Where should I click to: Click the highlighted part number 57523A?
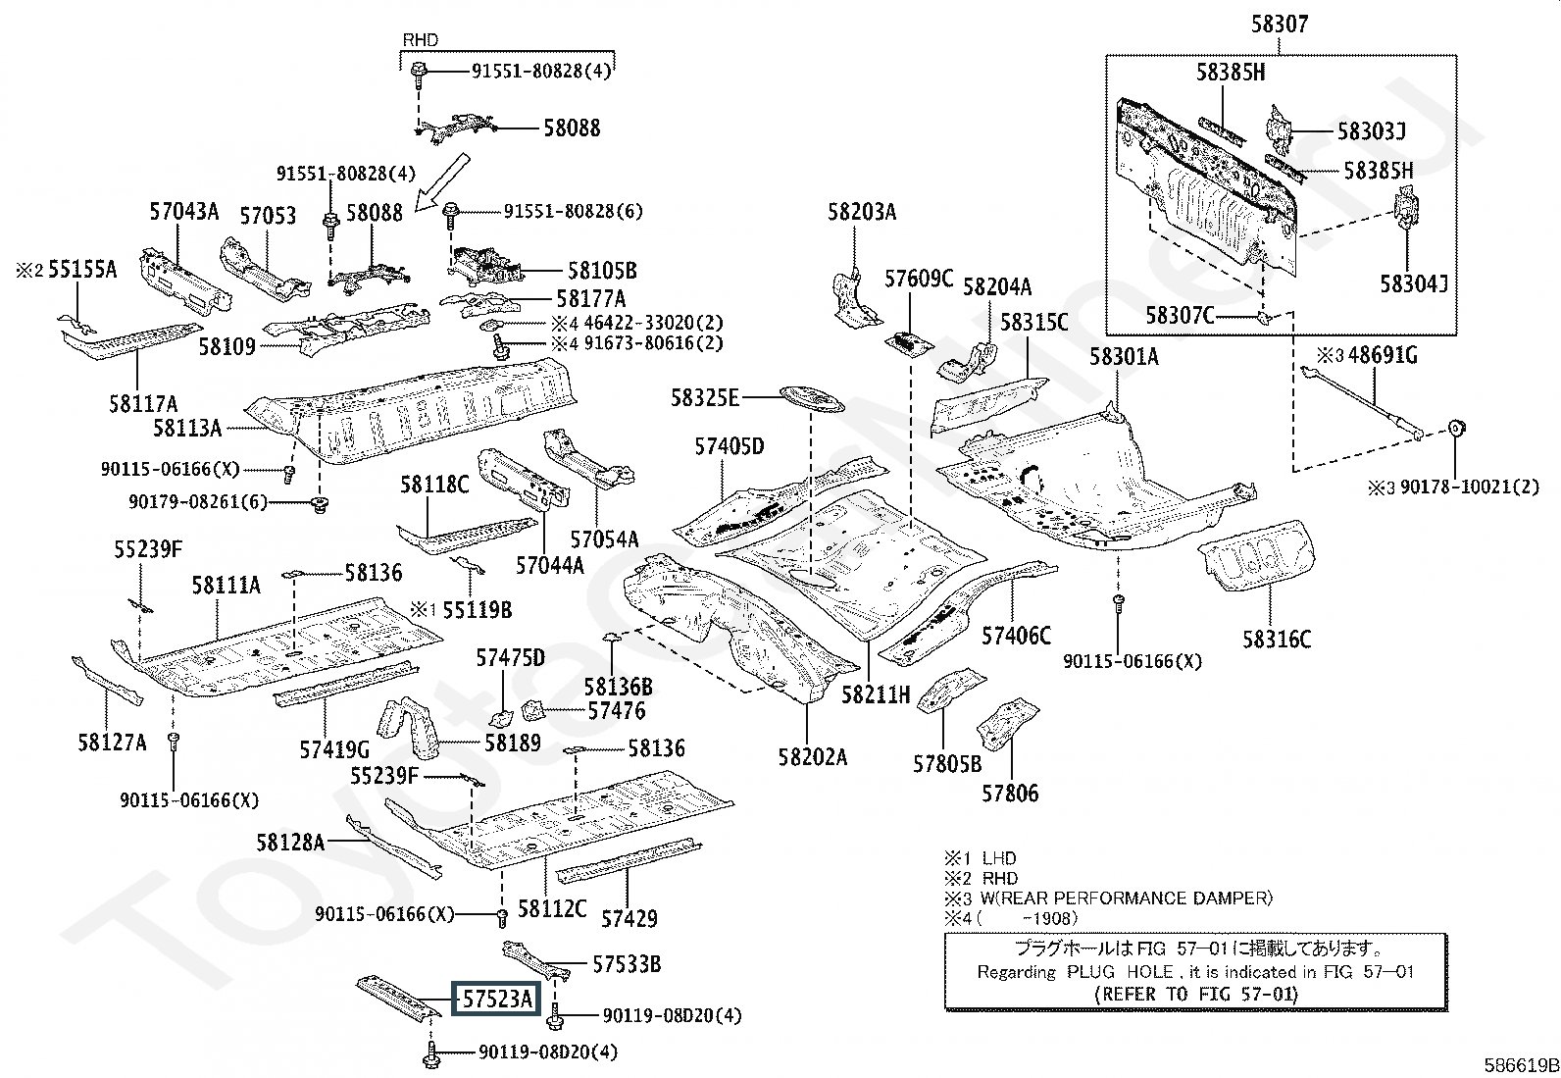[x=497, y=1000]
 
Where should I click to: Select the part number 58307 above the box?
[x=1279, y=25]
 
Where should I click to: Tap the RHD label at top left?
[x=421, y=40]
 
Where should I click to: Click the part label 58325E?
[x=704, y=397]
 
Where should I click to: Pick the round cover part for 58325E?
[x=811, y=399]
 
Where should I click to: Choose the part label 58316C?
[x=1277, y=640]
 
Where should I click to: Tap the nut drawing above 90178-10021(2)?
[x=1457, y=429]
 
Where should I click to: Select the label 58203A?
[x=862, y=212]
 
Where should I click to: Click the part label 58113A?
[x=187, y=427]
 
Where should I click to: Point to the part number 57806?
[x=1010, y=793]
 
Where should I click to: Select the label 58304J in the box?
[x=1414, y=284]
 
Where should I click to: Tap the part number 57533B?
[x=627, y=964]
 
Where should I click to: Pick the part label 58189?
[x=513, y=744]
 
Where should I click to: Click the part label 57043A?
[x=184, y=211]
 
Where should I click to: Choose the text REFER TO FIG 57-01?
[x=1195, y=994]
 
